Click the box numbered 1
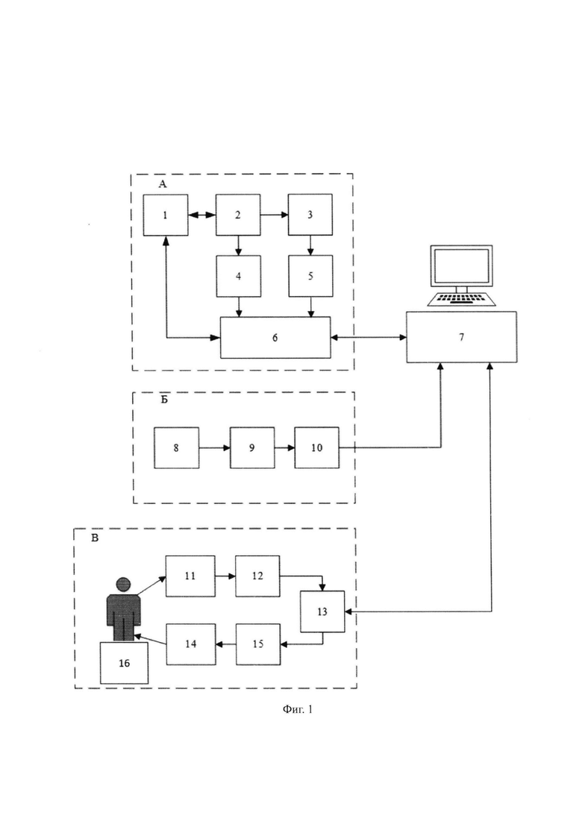tap(166, 215)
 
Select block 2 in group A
tap(238, 215)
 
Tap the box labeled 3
tap(310, 215)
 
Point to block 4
tap(239, 277)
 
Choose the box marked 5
tap(310, 276)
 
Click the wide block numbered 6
tap(275, 338)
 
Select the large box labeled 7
tap(461, 337)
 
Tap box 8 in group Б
tap(176, 447)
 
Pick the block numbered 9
tap(252, 447)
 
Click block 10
tap(317, 447)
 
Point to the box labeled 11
tap(190, 576)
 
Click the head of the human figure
tap(123, 584)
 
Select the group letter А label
tap(163, 184)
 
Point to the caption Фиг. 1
tap(298, 709)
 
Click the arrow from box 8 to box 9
tap(215, 447)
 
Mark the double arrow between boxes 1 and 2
tap(202, 215)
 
